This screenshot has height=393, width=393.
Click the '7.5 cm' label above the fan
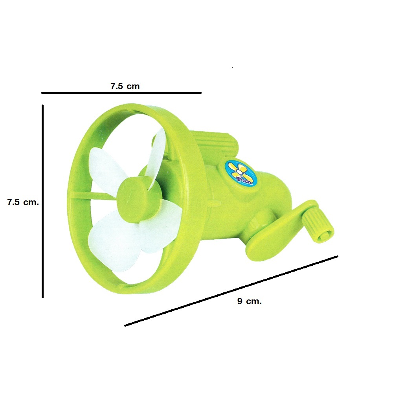point(125,86)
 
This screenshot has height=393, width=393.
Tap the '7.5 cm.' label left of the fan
point(23,202)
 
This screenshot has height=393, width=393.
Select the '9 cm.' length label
point(250,301)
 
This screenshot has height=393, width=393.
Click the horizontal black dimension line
point(121,93)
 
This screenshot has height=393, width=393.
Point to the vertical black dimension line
point(42,201)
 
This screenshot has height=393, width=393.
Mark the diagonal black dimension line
point(231,291)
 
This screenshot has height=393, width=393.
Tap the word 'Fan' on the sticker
point(244,180)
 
